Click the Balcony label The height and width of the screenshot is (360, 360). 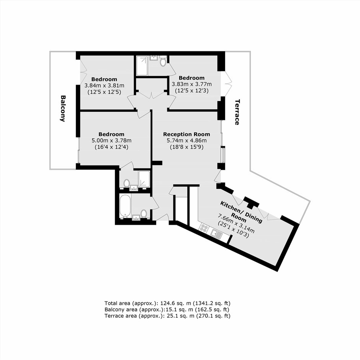click(63, 108)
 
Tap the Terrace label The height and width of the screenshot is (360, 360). click(237, 112)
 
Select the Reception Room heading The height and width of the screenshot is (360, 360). click(187, 134)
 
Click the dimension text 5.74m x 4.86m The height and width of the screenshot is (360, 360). click(187, 140)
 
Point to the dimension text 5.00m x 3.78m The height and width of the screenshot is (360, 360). click(111, 140)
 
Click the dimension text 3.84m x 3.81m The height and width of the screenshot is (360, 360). click(104, 86)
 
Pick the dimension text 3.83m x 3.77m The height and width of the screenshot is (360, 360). click(192, 84)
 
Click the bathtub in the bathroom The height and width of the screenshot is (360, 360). click(125, 206)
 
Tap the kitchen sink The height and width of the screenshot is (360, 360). click(216, 234)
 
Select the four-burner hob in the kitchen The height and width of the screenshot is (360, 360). click(204, 228)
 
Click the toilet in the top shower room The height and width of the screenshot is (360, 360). click(163, 61)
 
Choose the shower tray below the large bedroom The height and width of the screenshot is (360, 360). click(144, 178)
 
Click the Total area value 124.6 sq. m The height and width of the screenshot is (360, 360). click(176, 303)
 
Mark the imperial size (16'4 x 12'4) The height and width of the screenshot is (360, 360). click(111, 147)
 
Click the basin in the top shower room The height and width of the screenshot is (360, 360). click(153, 57)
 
